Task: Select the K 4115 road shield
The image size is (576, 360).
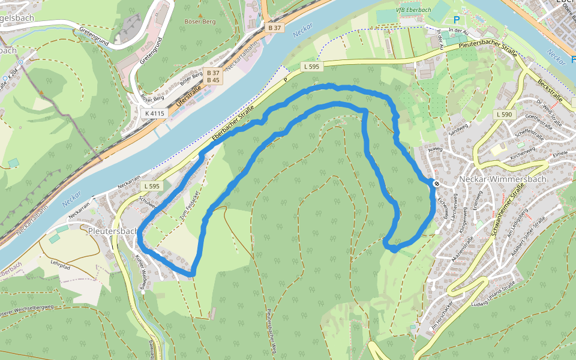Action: (x=154, y=113)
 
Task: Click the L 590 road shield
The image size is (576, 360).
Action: (x=503, y=114)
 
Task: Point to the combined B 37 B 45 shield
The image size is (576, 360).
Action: (x=213, y=76)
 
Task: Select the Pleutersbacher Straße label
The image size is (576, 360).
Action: (x=484, y=46)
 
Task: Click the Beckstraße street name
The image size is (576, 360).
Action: (x=549, y=89)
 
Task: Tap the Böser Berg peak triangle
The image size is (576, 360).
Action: (x=200, y=14)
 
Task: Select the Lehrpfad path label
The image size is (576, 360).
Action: (x=61, y=263)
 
